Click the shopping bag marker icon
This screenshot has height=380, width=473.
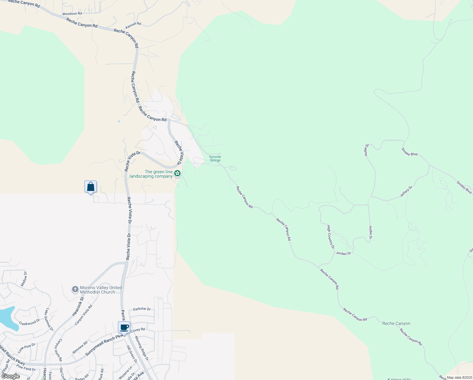90,187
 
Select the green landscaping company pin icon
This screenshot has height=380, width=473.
177,173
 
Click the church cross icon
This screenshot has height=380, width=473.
75,289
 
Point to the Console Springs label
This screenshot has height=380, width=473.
215,159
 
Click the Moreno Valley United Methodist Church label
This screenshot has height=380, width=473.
101,290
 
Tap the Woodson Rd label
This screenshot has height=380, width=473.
72,14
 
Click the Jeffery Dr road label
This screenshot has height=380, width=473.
406,192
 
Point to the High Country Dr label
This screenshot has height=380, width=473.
330,237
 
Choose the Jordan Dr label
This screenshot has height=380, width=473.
343,253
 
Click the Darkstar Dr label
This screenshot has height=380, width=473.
142,309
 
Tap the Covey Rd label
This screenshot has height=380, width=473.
138,330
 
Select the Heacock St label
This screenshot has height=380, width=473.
78,306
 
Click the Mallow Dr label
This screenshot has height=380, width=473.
24,279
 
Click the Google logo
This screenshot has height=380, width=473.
10,376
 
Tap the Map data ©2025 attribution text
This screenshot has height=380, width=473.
459,377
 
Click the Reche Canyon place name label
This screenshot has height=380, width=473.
396,323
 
